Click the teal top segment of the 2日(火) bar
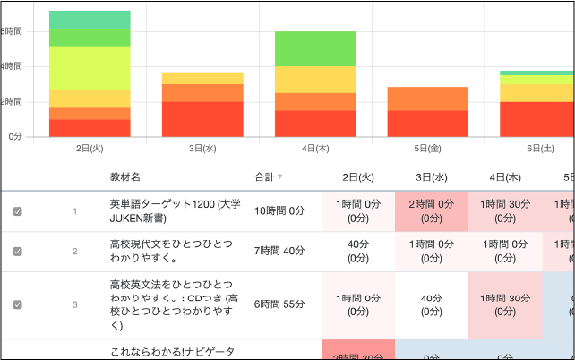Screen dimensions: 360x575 tap(90, 20)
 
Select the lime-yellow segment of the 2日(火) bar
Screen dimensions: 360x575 tap(90, 68)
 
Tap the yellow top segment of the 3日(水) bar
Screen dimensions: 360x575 tap(202, 78)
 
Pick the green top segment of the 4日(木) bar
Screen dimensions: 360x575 tap(315, 48)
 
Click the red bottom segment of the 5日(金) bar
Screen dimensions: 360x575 tap(427, 124)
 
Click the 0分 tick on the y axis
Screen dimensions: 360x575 tap(14, 137)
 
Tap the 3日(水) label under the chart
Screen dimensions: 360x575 tap(202, 149)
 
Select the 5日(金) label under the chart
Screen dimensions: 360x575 tap(427, 149)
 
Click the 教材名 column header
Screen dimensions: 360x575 tap(125, 177)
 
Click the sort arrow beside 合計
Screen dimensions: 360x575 tap(280, 177)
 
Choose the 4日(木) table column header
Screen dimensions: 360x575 tap(506, 177)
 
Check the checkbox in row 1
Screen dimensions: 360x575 tap(17, 211)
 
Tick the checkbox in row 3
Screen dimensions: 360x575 tap(17, 304)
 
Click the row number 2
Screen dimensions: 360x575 tap(75, 252)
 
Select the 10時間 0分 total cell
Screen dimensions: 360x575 tap(279, 211)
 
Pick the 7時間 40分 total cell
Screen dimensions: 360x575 tap(279, 252)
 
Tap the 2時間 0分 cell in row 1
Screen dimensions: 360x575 tap(432, 211)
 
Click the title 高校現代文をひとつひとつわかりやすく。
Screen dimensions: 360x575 tap(170, 252)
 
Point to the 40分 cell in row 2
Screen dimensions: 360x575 tap(358, 252)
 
